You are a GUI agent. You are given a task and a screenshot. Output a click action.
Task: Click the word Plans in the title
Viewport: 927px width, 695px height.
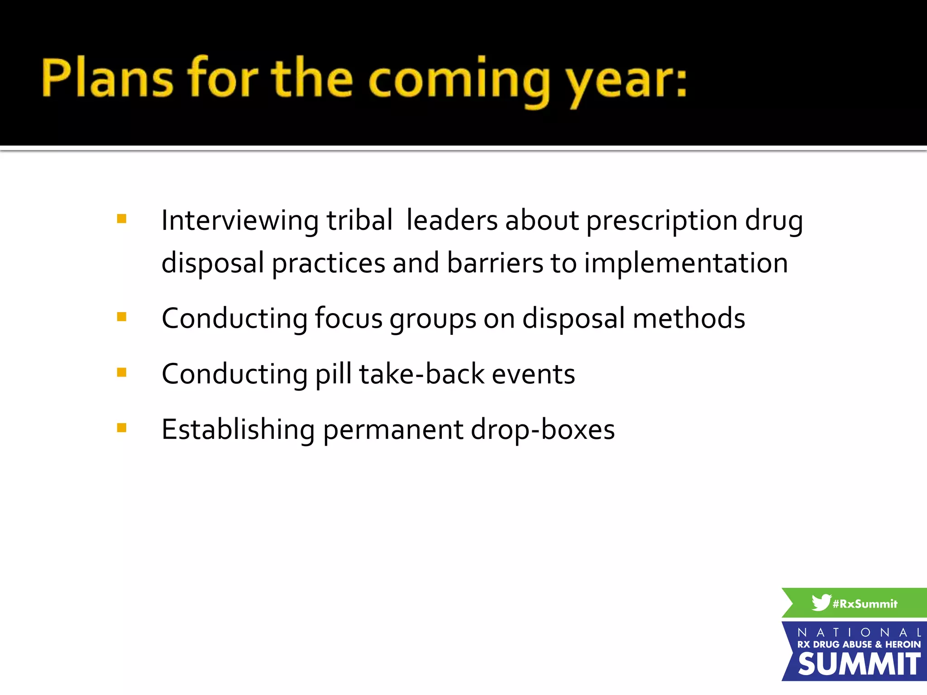point(107,78)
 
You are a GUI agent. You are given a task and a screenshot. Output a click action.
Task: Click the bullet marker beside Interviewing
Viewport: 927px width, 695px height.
point(121,219)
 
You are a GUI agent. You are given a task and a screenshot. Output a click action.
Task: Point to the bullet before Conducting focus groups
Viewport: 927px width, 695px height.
point(121,317)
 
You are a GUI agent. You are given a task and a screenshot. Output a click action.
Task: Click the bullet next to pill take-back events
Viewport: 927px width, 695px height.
point(121,372)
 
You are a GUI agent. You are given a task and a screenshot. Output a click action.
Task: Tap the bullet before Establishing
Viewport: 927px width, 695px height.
point(121,428)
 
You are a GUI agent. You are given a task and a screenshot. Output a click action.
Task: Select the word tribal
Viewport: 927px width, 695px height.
point(359,220)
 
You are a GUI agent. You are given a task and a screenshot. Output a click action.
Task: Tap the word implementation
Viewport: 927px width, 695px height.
point(686,264)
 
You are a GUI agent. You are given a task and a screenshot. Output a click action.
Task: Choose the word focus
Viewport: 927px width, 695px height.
point(349,318)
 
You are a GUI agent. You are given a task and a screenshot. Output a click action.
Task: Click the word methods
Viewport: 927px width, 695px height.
point(688,318)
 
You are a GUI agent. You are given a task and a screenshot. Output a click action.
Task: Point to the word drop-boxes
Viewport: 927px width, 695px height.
point(543,430)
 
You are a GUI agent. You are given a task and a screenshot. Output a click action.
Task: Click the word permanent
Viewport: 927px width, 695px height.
point(393,430)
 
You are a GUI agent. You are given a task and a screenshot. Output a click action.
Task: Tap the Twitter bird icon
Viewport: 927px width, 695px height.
point(821,602)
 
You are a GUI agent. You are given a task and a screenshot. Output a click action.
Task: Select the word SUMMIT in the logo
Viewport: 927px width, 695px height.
point(859,664)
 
